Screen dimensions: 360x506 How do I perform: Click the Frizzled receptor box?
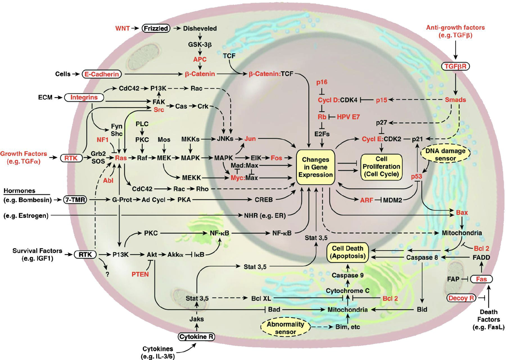[155, 28]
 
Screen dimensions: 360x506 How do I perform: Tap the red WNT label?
[123, 28]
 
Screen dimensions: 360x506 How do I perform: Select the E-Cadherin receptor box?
[102, 74]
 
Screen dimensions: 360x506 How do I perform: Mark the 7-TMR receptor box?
[75, 200]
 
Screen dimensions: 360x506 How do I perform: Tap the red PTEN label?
[141, 274]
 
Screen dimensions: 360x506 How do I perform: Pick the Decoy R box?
[461, 298]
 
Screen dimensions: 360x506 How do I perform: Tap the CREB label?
[264, 200]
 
